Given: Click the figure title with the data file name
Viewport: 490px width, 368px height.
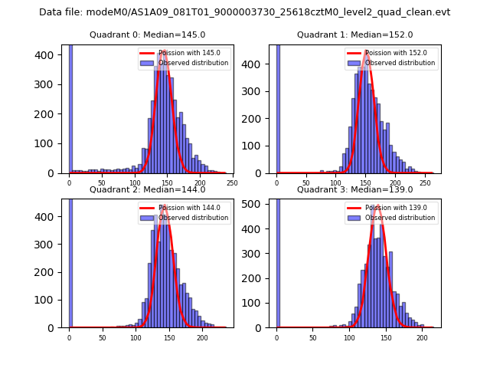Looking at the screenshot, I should tap(245, 12).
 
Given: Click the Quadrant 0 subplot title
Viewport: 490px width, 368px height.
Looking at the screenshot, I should tap(147, 34).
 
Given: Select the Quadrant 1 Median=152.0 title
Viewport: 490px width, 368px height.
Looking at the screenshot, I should tap(354, 34).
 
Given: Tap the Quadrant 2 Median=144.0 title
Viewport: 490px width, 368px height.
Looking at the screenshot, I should tap(147, 189).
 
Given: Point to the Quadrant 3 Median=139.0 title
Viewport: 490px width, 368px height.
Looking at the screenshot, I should tap(354, 189).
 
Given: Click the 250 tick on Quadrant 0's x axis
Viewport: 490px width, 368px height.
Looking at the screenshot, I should tap(232, 182).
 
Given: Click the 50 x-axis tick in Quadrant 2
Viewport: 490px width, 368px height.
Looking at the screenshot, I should tap(103, 337).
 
